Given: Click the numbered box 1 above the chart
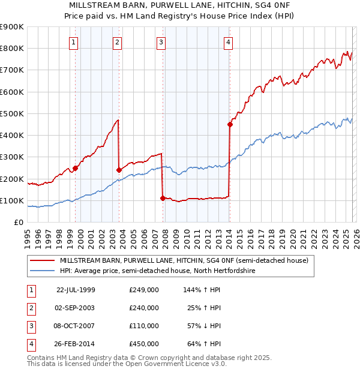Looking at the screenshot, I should tap(73, 42).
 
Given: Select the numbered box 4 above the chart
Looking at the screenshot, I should tap(229, 42).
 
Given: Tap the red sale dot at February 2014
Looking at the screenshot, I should tap(230, 125).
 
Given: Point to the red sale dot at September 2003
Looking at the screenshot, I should tap(119, 170).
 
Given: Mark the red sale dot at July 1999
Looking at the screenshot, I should tap(76, 168).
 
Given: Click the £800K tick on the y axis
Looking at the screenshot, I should tap(11, 49).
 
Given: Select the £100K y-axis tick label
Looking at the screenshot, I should tap(11, 200).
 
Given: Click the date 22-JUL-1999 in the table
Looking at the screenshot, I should tap(76, 290).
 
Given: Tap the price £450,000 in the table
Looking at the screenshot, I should tap(144, 344).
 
